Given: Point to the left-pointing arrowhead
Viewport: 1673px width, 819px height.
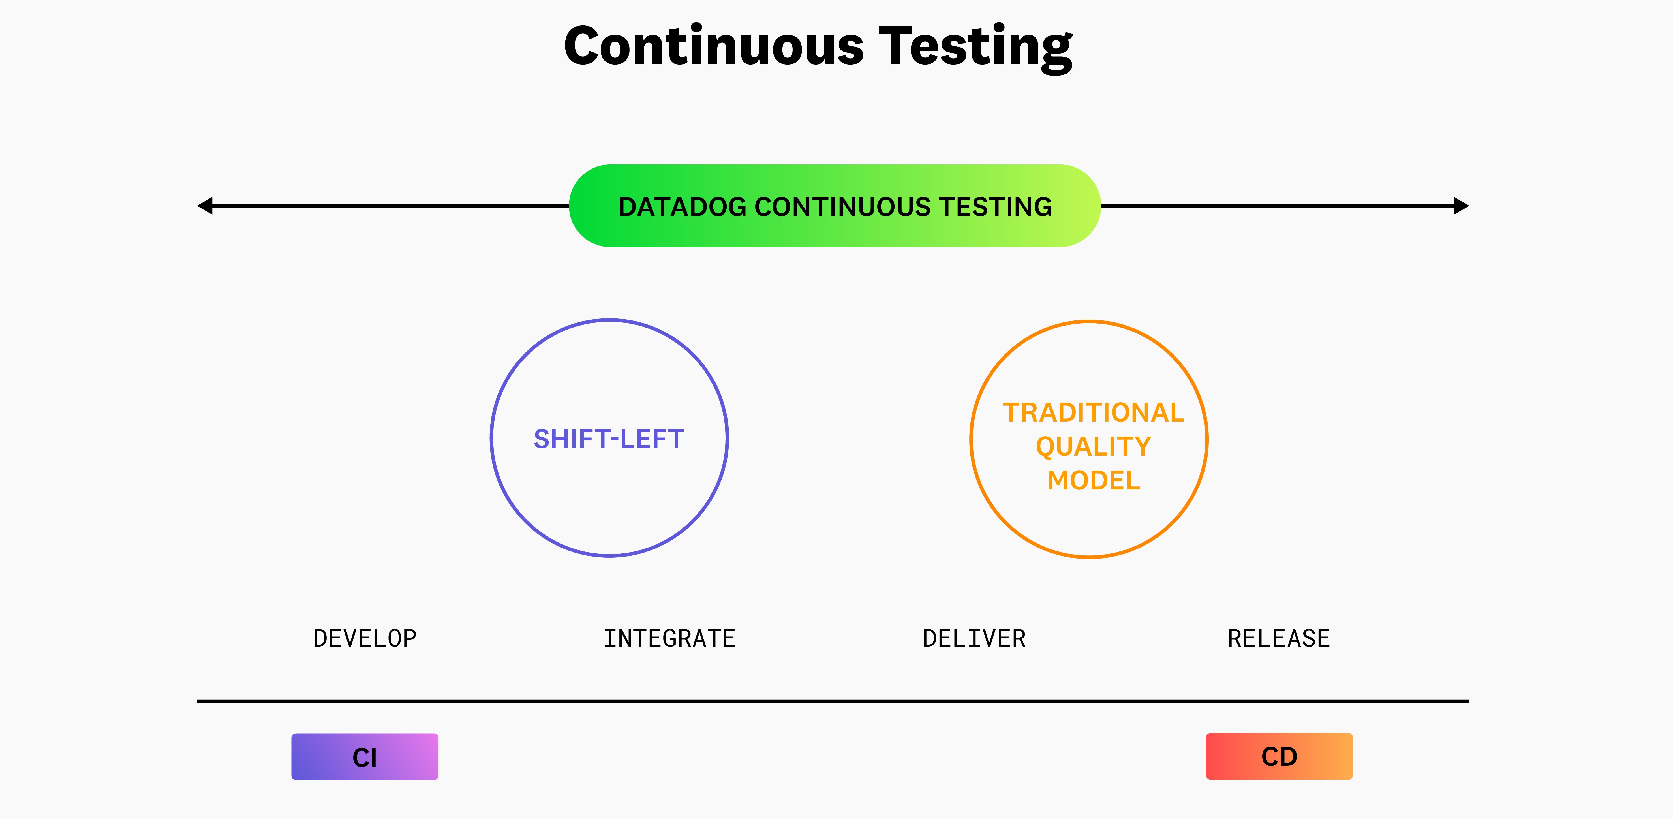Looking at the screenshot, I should (x=205, y=206).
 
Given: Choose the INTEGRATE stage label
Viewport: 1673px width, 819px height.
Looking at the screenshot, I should (x=669, y=638).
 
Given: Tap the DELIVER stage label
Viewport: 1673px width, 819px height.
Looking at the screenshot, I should (x=974, y=638).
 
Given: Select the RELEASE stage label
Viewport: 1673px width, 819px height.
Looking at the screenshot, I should (x=1279, y=638).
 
